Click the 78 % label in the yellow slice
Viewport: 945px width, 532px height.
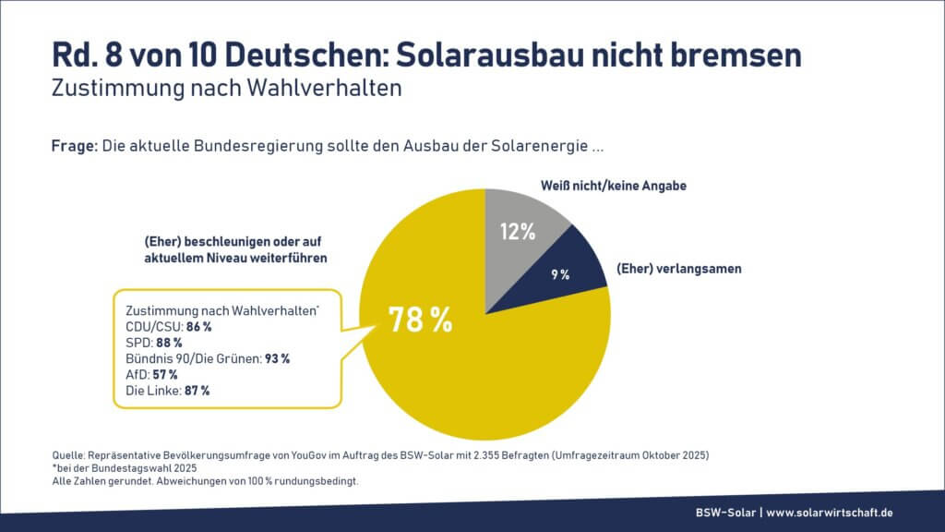pos(420,320)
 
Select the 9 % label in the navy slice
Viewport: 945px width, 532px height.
pos(560,274)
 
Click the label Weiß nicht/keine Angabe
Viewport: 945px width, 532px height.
pos(613,186)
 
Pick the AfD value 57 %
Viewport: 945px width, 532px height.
pos(165,374)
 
